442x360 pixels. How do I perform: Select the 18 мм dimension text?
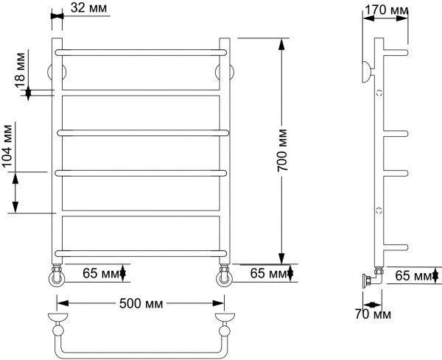(x=21, y=68)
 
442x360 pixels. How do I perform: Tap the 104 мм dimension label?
(x=10, y=147)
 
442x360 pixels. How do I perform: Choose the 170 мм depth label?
(x=387, y=11)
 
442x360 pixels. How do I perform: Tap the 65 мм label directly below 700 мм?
(x=270, y=274)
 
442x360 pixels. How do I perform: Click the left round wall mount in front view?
(x=52, y=71)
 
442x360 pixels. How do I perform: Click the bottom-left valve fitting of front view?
(x=57, y=276)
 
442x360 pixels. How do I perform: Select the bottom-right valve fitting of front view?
(x=222, y=276)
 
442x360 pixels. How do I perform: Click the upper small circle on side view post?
(x=379, y=93)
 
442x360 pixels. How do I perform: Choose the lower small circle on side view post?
(x=379, y=210)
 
